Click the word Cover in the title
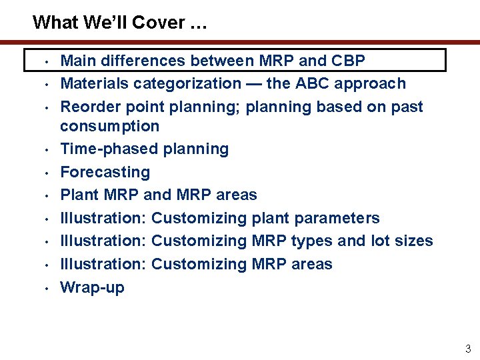(x=158, y=23)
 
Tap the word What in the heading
(x=58, y=23)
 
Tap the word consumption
(x=110, y=126)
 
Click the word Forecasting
(x=105, y=172)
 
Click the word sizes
(x=412, y=241)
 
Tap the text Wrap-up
(x=92, y=287)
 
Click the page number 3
(x=467, y=348)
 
